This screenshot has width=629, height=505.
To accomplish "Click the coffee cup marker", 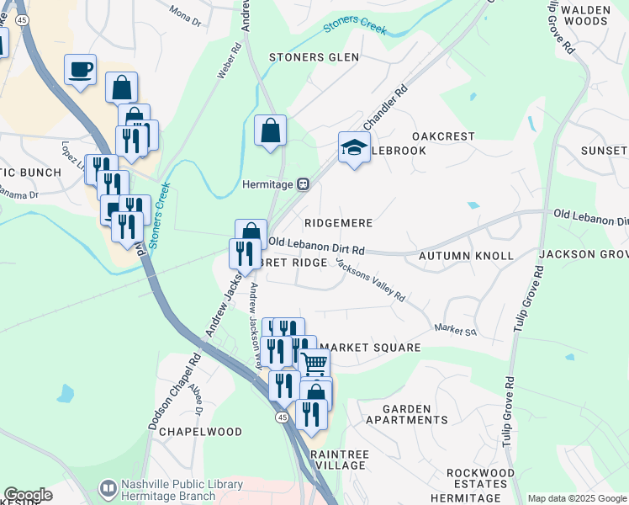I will coord(80,70).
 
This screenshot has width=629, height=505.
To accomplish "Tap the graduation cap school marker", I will coord(354,147).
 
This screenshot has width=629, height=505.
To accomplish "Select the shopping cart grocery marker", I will coord(314,364).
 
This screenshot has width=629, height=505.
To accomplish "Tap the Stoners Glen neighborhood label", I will coord(314,57).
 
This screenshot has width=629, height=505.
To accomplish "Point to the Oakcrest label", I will coord(443,136).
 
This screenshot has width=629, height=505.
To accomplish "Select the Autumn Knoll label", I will coord(465,255).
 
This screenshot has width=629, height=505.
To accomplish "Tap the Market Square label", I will coord(370,347).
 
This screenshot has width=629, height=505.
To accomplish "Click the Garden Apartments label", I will coord(415,414).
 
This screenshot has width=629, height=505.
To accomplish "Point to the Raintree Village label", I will coord(339,460).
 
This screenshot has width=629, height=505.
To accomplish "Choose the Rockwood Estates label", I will coord(480,478).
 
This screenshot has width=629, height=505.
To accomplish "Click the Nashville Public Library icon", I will coord(108,488).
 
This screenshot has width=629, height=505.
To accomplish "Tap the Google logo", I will coord(28,495).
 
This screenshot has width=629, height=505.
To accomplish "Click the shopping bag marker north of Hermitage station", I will coord(270,130).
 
